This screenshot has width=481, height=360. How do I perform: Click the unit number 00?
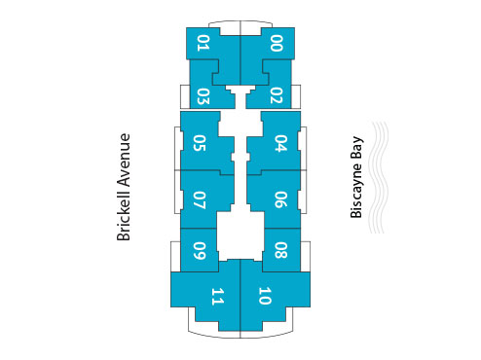click(x=277, y=43)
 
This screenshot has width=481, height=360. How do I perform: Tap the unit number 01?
click(x=203, y=43)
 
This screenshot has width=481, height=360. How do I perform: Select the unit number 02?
click(x=277, y=95)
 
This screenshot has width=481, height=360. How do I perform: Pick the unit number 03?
click(x=203, y=95)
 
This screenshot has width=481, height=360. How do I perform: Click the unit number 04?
click(x=280, y=143)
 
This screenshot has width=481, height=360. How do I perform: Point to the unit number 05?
click(x=200, y=143)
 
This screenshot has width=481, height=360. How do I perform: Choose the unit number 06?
click(x=280, y=199)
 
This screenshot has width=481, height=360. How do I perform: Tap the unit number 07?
click(x=200, y=199)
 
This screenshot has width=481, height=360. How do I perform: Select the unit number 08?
click(x=280, y=248)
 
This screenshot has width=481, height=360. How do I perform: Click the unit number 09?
click(x=200, y=248)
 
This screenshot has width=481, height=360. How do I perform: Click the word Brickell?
click(x=124, y=210)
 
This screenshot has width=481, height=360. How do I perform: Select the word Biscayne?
click(x=356, y=194)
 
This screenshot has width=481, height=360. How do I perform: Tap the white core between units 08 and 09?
click(x=240, y=236)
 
